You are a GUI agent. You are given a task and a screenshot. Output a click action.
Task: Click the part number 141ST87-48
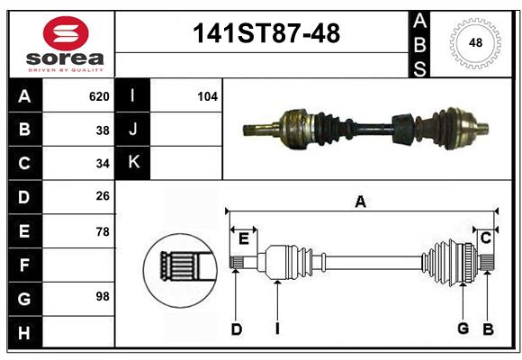[267, 33]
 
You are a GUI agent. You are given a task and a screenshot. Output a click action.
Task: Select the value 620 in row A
[98, 96]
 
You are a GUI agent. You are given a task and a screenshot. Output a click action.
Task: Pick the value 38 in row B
[102, 130]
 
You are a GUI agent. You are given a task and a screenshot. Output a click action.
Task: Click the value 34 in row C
[102, 164]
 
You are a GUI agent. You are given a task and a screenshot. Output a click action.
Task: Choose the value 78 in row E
[102, 231]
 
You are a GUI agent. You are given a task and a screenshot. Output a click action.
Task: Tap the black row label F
[24, 265]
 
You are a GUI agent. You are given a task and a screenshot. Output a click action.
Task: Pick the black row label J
[133, 130]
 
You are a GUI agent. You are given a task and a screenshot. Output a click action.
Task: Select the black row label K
[133, 163]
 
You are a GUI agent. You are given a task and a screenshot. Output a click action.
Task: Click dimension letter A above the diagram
[360, 202]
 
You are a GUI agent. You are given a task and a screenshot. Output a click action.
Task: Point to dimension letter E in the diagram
[243, 238]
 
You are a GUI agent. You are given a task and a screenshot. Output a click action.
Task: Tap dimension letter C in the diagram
[485, 238]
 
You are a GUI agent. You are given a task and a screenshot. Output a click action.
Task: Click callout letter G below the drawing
[463, 328]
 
